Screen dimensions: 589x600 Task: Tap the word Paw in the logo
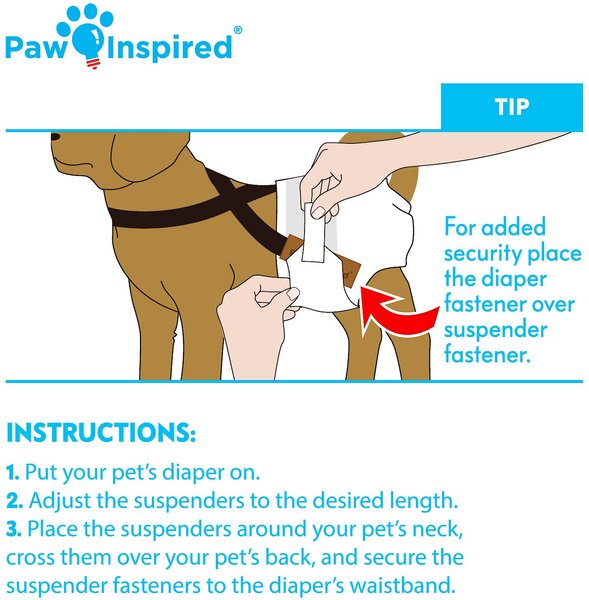pyautogui.click(x=35, y=47)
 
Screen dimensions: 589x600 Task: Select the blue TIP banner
pyautogui.click(x=512, y=107)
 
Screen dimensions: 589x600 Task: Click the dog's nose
pyautogui.click(x=56, y=137)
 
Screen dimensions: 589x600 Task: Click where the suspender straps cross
pyautogui.click(x=231, y=199)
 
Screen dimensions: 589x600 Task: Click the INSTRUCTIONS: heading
pyautogui.click(x=101, y=433)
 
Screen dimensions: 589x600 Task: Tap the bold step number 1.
pyautogui.click(x=12, y=473)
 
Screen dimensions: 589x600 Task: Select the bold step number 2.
pyautogui.click(x=15, y=501)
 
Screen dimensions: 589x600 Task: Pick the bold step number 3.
pyautogui.click(x=14, y=529)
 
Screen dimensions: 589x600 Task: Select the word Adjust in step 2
pyautogui.click(x=60, y=501)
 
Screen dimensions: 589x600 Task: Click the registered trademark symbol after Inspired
pyautogui.click(x=238, y=30)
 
